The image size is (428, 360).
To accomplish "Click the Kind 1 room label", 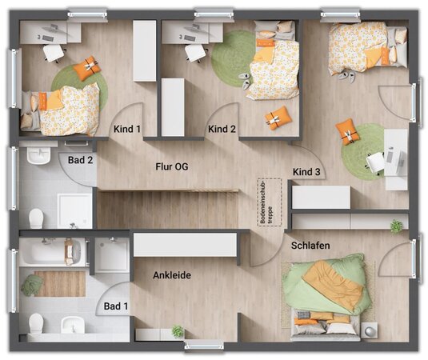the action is coord(127,129).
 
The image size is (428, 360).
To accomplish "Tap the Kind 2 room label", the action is coord(222,129).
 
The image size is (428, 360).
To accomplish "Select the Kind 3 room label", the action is coord(306,172).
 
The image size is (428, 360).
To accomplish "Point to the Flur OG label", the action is coord(172,166).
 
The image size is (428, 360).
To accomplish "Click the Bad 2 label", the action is coord(81,160).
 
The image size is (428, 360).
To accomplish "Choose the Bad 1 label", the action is coord(116,306).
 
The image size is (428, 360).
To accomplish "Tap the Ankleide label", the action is coord(172,275).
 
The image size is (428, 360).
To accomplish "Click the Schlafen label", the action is coord(310,246).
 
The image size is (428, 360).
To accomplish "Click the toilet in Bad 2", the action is coord(36,218).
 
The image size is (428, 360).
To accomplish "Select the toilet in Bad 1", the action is coord(36,323).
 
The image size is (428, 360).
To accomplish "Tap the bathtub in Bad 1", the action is coord(50,252).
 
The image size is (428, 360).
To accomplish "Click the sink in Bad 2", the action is coord(38,155).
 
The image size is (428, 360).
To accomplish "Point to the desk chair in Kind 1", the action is coord(54,53).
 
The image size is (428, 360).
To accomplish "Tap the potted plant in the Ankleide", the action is coord(178,331).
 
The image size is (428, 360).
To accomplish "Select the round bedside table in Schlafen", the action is coord(370,330).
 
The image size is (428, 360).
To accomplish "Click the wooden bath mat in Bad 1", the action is coord(60,283).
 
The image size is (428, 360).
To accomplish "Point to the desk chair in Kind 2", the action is coord(195,53).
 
